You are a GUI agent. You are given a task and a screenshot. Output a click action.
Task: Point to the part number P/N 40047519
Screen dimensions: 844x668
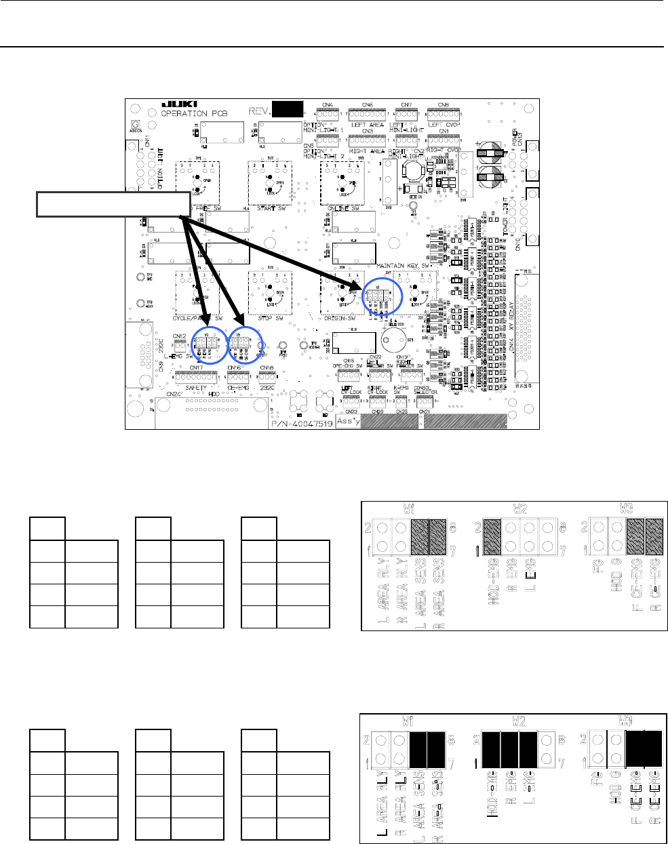[x=302, y=422]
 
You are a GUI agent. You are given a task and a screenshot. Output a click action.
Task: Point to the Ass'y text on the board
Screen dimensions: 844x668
[x=348, y=421]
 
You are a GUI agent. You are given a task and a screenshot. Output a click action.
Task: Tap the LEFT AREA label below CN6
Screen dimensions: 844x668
[x=367, y=125]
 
